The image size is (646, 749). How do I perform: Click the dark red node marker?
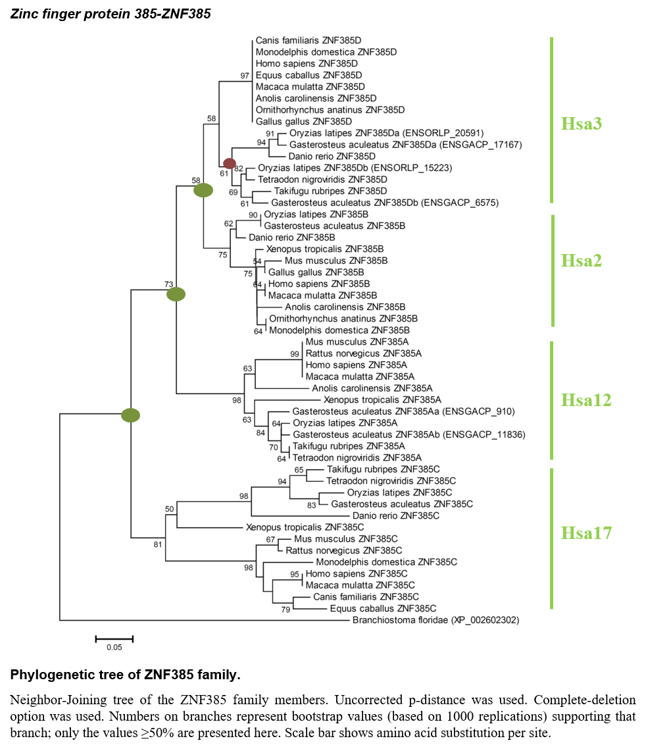[230, 163]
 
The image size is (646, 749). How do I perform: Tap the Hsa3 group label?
[581, 123]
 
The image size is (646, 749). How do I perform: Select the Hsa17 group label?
[586, 532]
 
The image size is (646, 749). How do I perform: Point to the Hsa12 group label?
[586, 400]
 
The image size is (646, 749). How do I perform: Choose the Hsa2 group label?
[581, 261]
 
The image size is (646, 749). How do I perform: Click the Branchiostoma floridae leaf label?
[435, 620]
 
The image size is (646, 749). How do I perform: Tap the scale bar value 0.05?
[114, 647]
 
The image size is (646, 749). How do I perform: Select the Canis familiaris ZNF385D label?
[308, 40]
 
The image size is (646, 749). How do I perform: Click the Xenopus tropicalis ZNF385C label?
[305, 527]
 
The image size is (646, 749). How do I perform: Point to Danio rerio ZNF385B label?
[291, 238]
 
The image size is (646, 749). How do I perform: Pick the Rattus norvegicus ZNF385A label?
[363, 353]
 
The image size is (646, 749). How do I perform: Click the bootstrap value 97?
[245, 76]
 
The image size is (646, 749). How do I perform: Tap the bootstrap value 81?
[158, 544]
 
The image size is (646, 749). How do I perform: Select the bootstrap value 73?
[168, 284]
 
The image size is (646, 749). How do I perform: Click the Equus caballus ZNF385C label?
[383, 609]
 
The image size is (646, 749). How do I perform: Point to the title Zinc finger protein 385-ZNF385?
[111, 14]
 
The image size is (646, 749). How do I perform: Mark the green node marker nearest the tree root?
[130, 415]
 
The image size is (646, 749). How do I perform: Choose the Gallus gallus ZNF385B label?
[316, 272]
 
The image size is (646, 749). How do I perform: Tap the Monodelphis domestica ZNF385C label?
[386, 562]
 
